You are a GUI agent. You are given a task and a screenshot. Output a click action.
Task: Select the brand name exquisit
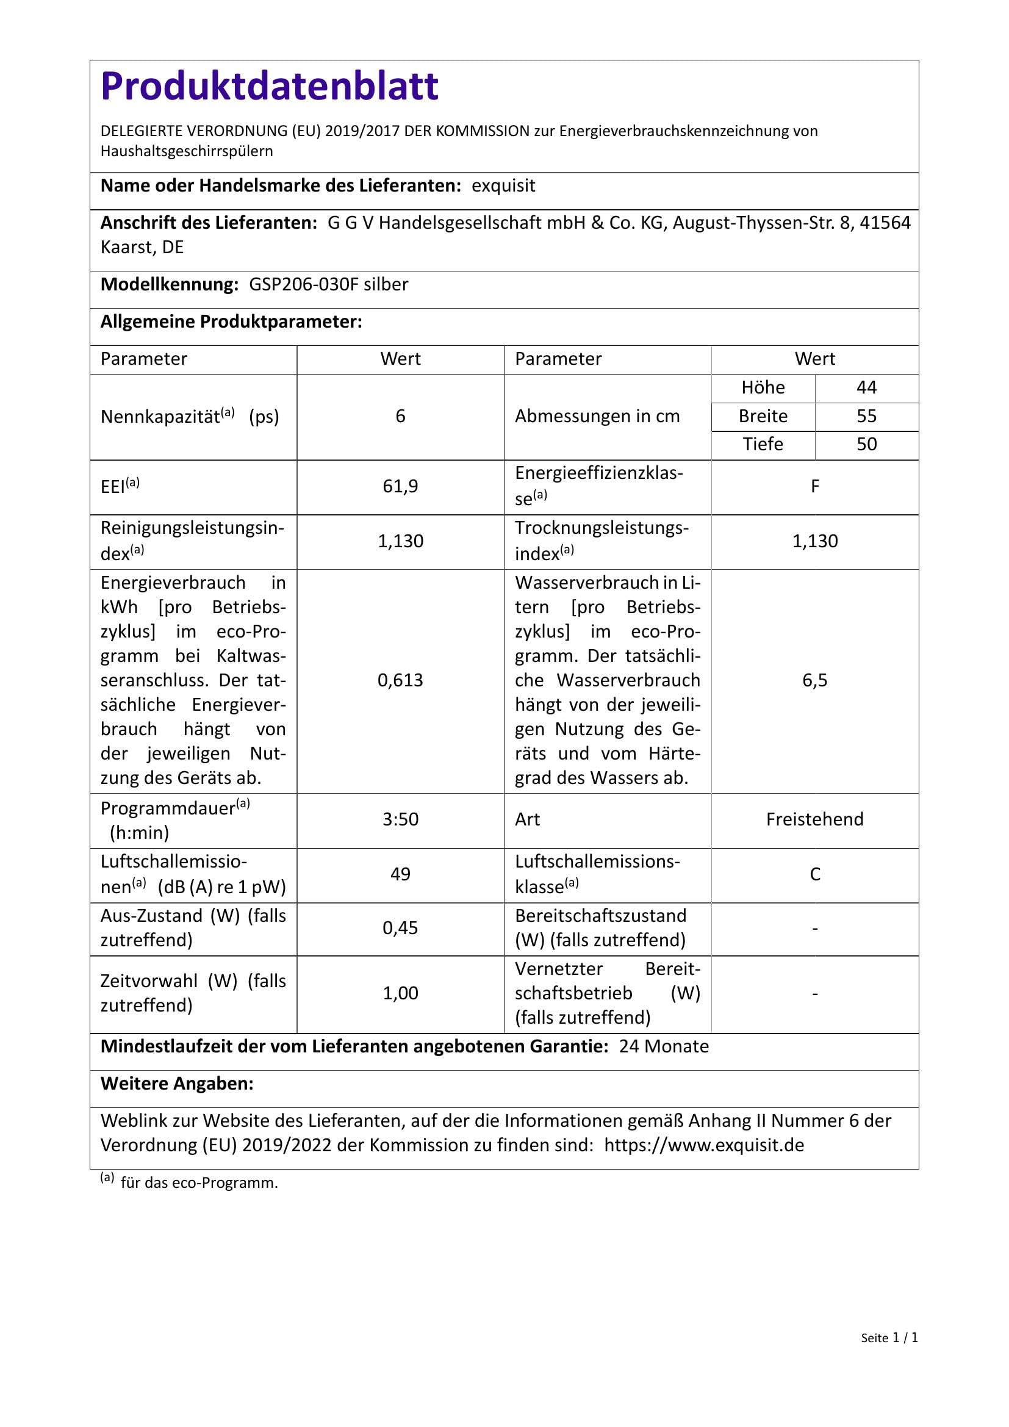click(x=503, y=186)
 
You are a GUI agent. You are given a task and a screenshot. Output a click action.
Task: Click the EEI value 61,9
click(x=400, y=486)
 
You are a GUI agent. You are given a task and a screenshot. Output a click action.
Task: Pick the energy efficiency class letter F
click(x=814, y=486)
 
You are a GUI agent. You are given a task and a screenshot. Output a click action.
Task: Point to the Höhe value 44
click(x=866, y=388)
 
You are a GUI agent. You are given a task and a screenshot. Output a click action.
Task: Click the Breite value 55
click(x=866, y=417)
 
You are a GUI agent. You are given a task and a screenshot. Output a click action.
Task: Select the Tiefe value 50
click(x=866, y=444)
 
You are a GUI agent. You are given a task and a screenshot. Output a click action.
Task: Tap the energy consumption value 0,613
click(x=400, y=681)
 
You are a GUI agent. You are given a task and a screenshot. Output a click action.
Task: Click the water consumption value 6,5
click(x=814, y=681)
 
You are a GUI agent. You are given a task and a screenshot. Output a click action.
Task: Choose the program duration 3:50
click(x=400, y=819)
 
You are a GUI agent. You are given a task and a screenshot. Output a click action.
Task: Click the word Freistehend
click(x=814, y=819)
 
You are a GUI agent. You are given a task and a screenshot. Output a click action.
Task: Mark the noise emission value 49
click(x=400, y=874)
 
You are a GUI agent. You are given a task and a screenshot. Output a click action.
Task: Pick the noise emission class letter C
click(x=814, y=874)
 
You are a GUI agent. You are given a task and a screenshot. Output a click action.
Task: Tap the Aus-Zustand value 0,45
click(x=400, y=928)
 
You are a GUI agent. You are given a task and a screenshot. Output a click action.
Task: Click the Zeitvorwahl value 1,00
click(x=400, y=993)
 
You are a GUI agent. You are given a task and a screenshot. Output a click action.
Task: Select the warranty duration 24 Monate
click(x=664, y=1047)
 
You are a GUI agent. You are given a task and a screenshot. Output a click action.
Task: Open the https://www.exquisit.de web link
click(x=704, y=1146)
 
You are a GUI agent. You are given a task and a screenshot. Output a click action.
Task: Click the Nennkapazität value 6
click(x=400, y=417)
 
